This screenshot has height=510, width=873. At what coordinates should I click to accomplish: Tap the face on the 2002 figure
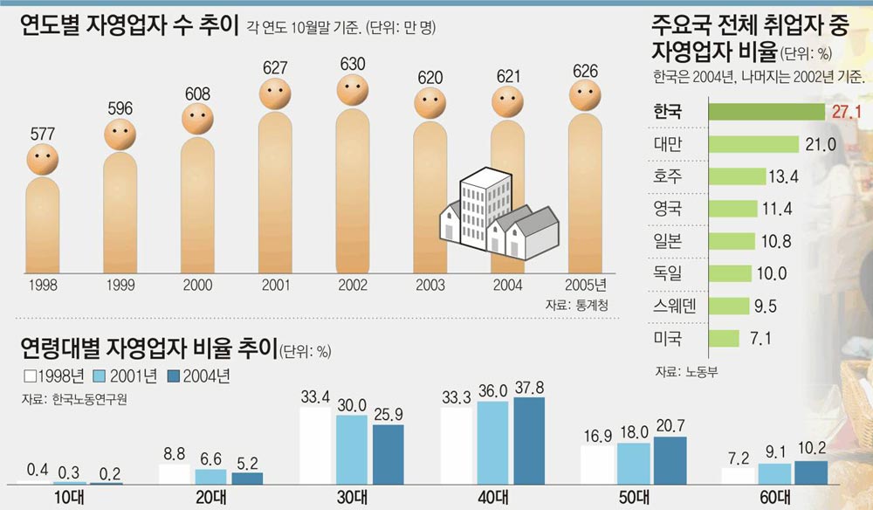click(x=353, y=90)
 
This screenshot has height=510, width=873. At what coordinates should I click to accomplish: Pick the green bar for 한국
click(x=766, y=112)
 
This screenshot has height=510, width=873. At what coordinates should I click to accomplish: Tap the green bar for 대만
click(x=753, y=144)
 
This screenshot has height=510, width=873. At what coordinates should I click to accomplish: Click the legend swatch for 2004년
click(x=172, y=376)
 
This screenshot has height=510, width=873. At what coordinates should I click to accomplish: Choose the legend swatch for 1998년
click(x=31, y=376)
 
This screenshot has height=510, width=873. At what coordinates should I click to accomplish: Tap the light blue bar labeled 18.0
click(x=635, y=462)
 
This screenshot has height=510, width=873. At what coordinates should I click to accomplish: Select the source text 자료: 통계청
click(x=576, y=305)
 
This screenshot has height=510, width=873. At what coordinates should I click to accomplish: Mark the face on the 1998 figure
click(x=42, y=159)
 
